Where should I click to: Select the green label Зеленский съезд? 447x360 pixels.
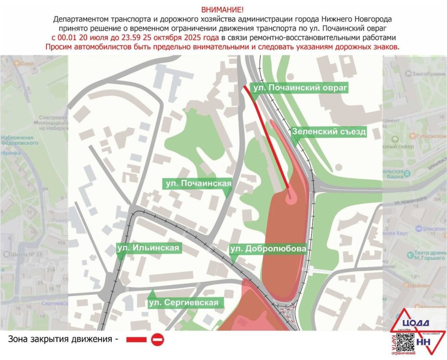329,131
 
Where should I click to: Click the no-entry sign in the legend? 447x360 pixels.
157,340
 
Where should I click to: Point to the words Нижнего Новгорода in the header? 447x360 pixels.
357,19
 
